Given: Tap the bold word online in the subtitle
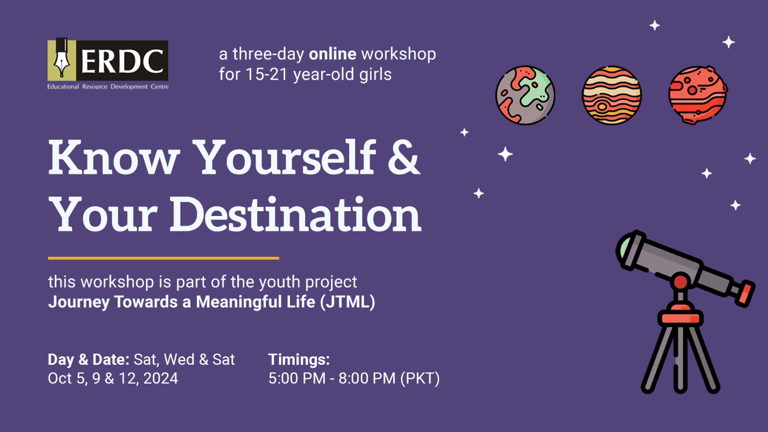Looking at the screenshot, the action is pos(333,54).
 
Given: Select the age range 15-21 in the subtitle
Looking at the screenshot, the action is pos(266,74).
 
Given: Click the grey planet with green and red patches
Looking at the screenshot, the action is pos(525,96).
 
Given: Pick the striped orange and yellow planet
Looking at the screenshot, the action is pos(612,96).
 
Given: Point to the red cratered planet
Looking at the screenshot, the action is pos(698,96).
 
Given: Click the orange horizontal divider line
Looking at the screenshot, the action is pos(164,258).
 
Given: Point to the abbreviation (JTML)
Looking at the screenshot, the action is pos(348,302).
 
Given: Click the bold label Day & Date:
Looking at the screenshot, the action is pos(88,360).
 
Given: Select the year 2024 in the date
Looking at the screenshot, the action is pos(160,379).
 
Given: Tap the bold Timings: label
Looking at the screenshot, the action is pos(299,360).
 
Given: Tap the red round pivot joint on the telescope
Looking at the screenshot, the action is pos(680,282).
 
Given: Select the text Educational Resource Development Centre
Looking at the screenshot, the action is pos(108,87).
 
